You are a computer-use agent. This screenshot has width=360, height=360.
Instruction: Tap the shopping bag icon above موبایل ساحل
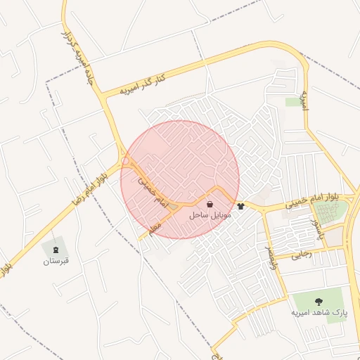[211, 204]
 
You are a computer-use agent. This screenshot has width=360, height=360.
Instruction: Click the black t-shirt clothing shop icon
[241, 206]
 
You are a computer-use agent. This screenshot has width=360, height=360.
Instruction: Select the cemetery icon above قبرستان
[56, 250]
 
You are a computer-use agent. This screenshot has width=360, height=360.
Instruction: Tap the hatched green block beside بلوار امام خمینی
[326, 212]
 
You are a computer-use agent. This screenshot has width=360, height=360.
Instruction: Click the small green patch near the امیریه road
[292, 102]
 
